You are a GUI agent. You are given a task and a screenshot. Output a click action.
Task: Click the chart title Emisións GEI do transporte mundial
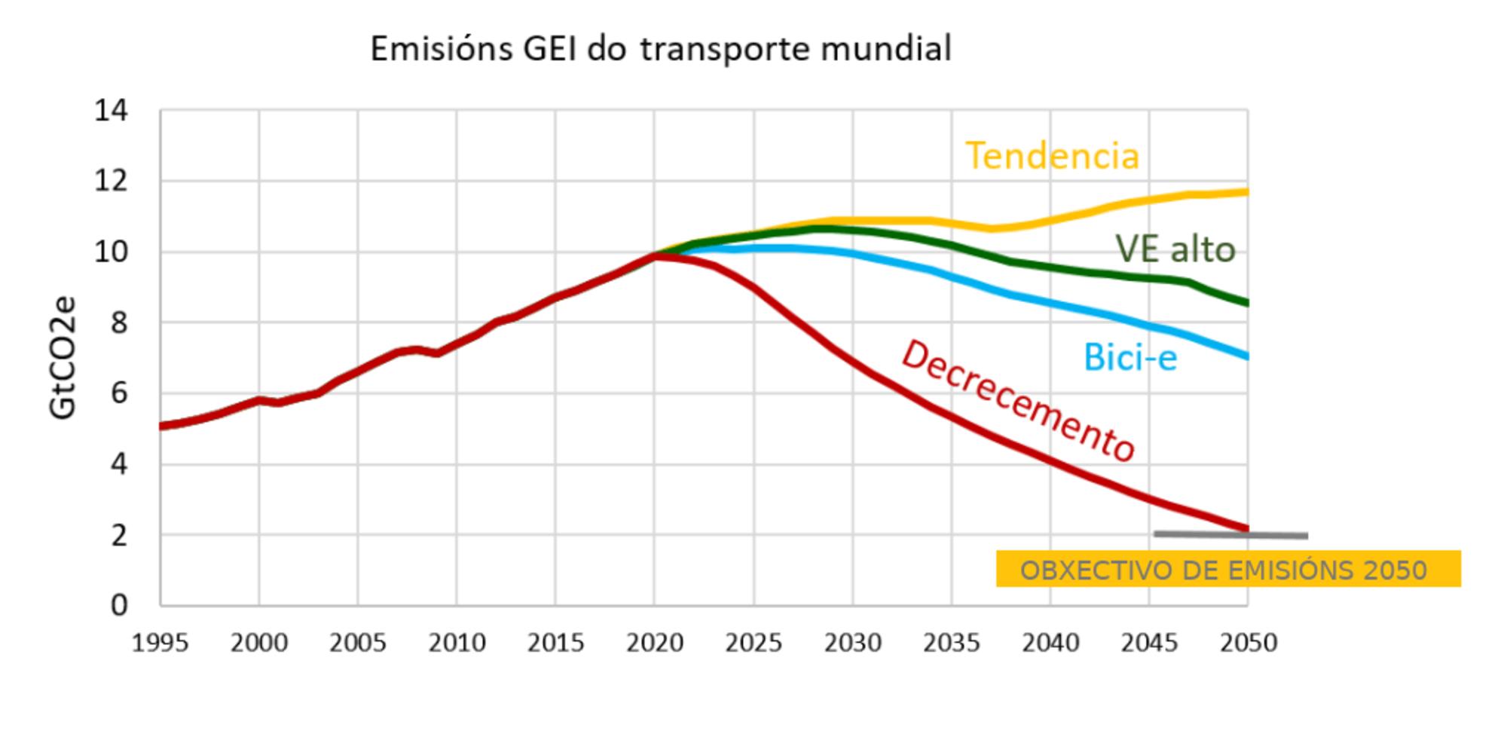[661, 49]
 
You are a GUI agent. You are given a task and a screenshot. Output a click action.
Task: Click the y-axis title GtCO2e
[63, 358]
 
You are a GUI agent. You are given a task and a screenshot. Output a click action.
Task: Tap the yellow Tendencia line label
[1052, 156]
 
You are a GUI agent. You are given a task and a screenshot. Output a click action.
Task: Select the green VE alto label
[1175, 249]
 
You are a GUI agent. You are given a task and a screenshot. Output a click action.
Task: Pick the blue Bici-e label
[1129, 357]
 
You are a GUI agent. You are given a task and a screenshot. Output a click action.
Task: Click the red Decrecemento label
[1018, 401]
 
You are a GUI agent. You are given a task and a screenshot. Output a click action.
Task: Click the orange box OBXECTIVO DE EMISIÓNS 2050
[1227, 569]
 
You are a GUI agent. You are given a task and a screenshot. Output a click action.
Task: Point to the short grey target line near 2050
[1230, 535]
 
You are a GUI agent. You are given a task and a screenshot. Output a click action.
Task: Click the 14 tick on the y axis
[111, 112]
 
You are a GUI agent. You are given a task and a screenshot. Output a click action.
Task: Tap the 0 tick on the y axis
[119, 605]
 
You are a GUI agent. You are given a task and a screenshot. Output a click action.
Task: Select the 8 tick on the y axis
[119, 323]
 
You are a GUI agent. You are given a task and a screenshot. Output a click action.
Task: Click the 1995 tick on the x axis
[160, 643]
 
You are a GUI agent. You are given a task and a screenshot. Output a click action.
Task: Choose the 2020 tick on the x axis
[655, 643]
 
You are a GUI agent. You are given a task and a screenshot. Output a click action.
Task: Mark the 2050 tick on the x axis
[1249, 643]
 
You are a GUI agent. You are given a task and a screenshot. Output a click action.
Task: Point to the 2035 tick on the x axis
[952, 643]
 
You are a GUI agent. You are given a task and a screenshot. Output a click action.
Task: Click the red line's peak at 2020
[655, 256]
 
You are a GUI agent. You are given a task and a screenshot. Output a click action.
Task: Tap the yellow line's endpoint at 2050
[1247, 192]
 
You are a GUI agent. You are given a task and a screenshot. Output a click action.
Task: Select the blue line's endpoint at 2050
[1247, 356]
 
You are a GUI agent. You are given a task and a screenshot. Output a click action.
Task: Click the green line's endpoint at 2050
[1247, 303]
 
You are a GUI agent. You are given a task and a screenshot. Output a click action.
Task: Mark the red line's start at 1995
[161, 427]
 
